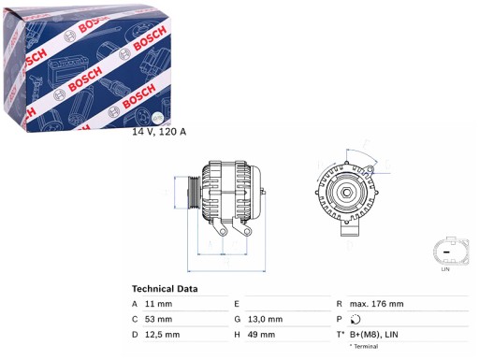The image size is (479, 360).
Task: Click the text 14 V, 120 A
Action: tap(159, 131)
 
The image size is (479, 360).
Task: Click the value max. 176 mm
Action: tap(377, 304)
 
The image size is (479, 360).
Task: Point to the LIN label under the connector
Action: tap(444, 270)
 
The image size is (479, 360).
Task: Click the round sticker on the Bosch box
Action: tap(157, 117)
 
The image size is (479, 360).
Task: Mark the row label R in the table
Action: tap(339, 304)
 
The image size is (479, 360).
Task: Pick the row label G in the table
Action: tap(237, 319)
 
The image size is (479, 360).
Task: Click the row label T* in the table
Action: tap(340, 334)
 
